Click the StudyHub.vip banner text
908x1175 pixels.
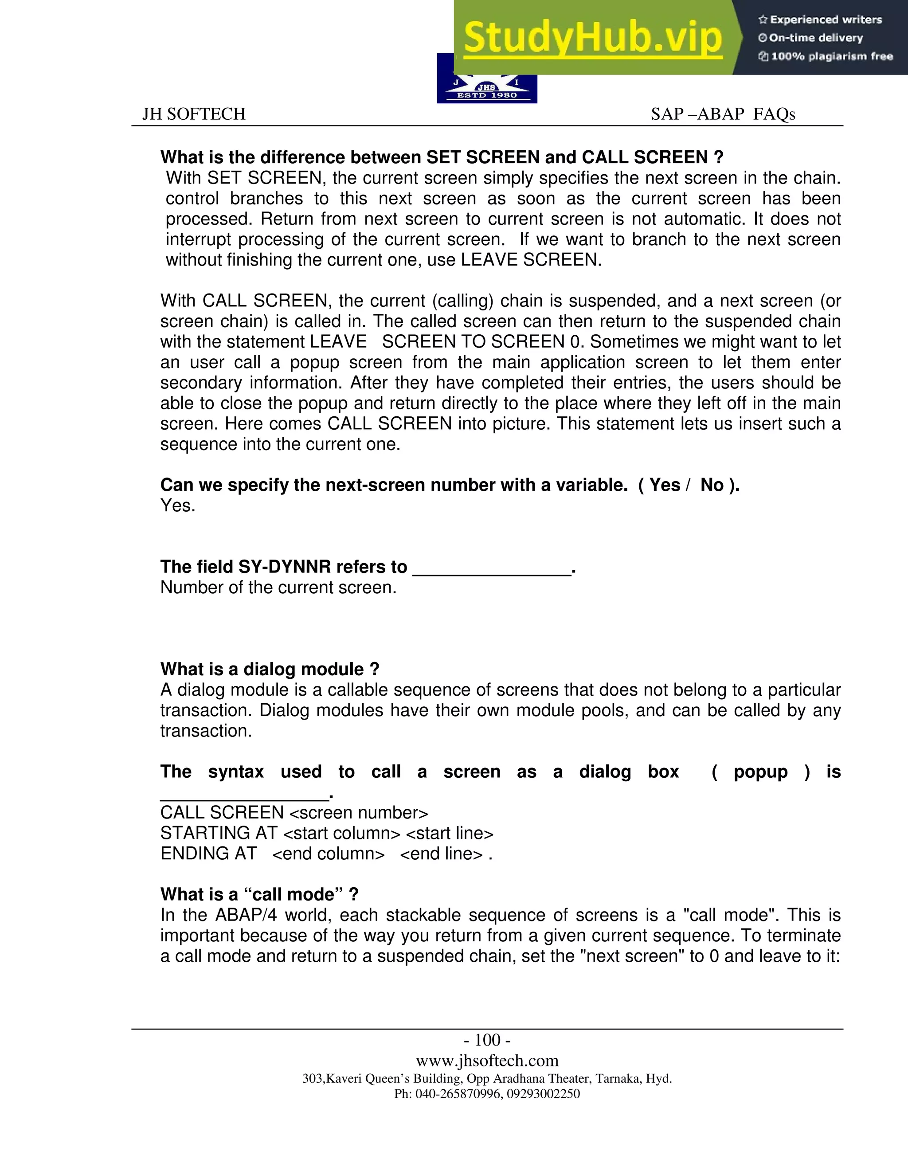(x=592, y=38)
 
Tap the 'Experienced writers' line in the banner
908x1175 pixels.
(x=820, y=20)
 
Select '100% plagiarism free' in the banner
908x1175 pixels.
(x=825, y=56)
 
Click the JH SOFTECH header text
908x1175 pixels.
(x=194, y=114)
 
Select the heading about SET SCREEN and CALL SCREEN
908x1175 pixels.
(x=442, y=157)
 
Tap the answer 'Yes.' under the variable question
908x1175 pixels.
(x=177, y=506)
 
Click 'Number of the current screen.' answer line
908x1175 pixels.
(x=278, y=587)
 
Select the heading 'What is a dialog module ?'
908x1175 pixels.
(x=270, y=669)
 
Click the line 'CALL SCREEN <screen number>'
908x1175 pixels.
(x=294, y=812)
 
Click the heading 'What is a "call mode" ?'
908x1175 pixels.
(x=259, y=894)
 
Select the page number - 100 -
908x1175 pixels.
(x=487, y=1040)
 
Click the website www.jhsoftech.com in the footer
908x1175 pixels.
(x=487, y=1061)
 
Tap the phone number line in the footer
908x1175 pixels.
(x=487, y=1094)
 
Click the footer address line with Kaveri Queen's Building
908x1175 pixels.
(x=487, y=1079)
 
